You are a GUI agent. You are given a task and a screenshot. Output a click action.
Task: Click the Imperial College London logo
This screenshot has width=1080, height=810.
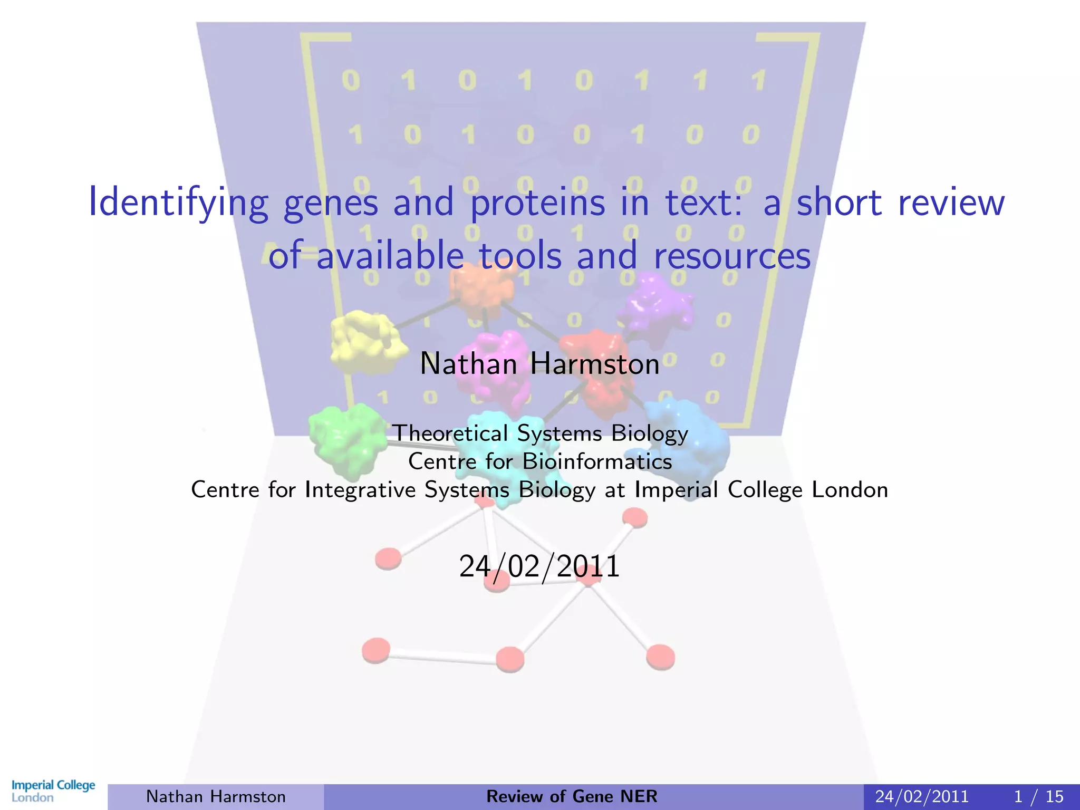(53, 790)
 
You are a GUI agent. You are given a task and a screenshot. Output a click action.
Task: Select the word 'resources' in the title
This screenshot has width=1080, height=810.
(731, 256)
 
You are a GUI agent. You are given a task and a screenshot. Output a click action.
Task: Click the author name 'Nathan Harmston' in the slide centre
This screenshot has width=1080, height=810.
(539, 364)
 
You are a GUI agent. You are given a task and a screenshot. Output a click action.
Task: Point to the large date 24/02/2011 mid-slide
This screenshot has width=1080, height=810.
(539, 567)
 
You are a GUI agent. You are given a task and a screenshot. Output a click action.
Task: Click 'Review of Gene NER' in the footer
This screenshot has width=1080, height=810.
(572, 796)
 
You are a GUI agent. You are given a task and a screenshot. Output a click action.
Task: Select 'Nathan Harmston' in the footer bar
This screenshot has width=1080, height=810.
(216, 796)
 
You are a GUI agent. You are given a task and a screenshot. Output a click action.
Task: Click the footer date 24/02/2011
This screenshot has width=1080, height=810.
(922, 796)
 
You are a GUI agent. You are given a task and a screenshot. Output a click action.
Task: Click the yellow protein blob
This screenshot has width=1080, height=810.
(367, 342)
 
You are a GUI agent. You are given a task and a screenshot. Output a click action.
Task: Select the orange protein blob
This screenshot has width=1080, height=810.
(481, 287)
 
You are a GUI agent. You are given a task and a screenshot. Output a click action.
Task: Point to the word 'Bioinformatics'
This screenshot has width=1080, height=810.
(597, 462)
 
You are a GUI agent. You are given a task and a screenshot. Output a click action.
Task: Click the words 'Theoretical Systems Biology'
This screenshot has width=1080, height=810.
(540, 433)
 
